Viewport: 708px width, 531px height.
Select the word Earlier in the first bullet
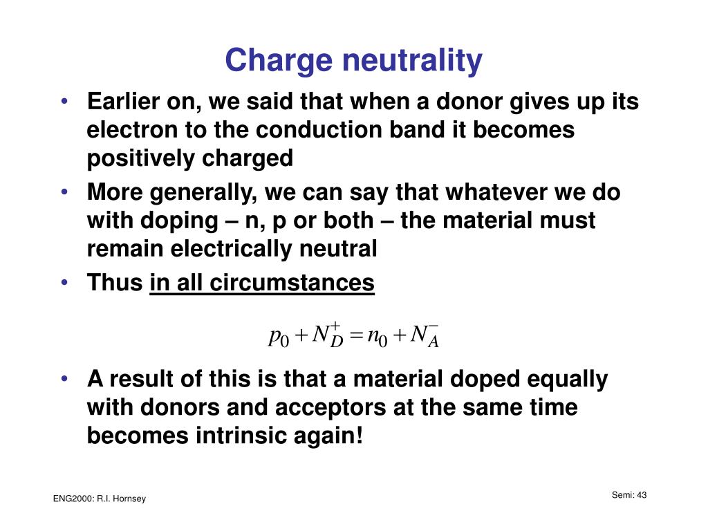point(122,102)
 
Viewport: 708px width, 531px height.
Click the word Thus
point(114,283)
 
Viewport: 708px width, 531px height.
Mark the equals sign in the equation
point(356,337)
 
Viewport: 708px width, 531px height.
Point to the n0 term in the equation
point(375,337)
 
